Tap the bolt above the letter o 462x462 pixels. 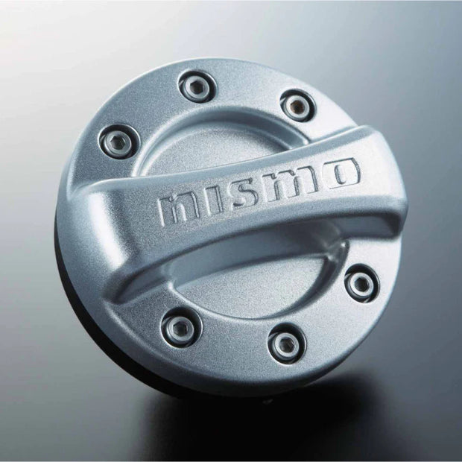coord(297,104)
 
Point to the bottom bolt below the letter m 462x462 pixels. coord(286,344)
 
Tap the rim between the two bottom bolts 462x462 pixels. coord(231,350)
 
